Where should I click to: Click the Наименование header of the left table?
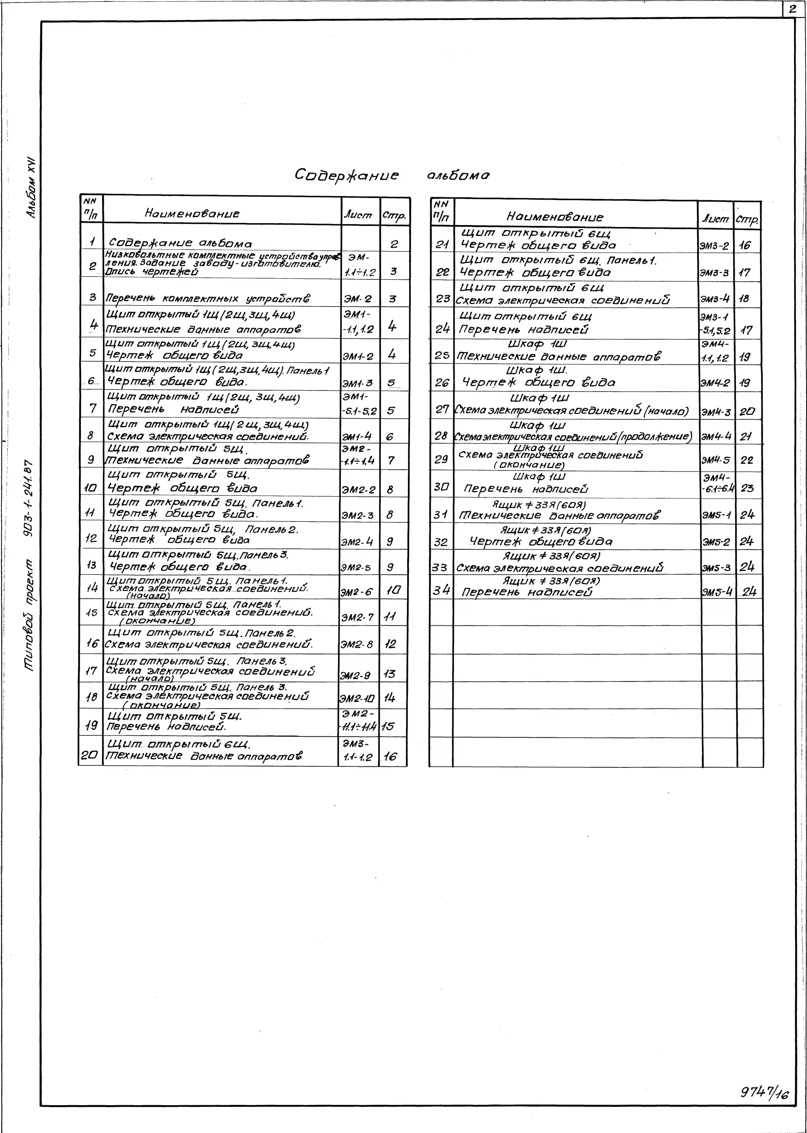coord(192,213)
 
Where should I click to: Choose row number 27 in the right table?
coord(442,409)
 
